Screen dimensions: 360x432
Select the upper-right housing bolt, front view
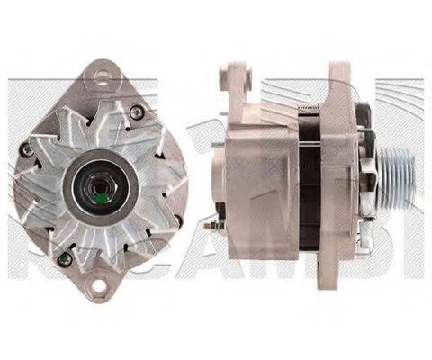pyautogui.click(x=136, y=112)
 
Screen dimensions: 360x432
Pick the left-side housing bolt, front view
pyautogui.click(x=27, y=151)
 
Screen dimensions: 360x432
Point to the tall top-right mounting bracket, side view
pyautogui.click(x=342, y=90)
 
